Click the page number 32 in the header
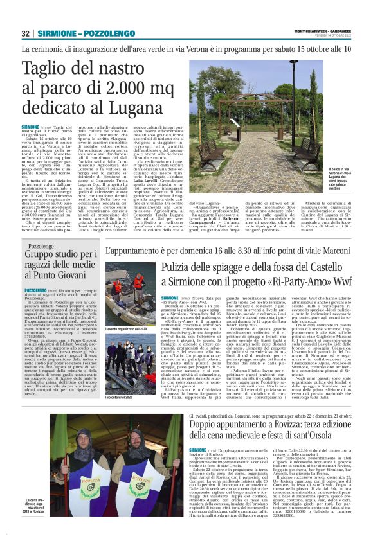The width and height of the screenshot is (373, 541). tap(26, 33)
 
